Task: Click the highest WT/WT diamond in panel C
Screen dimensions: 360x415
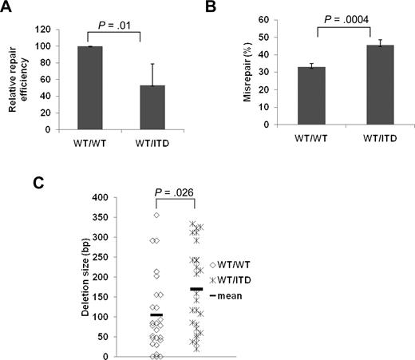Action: click(156, 215)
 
